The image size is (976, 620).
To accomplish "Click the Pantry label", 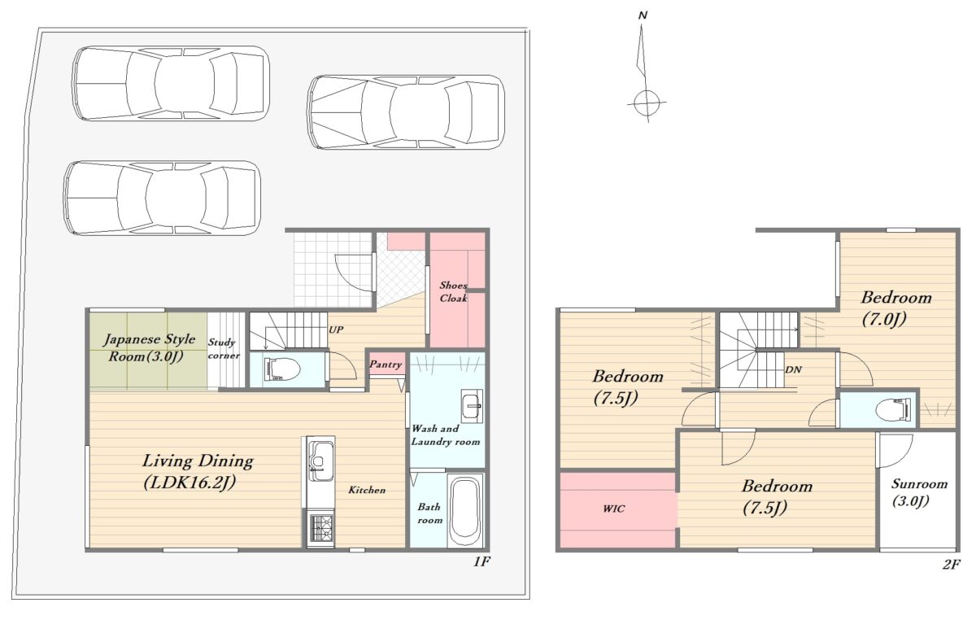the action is pyautogui.click(x=386, y=365).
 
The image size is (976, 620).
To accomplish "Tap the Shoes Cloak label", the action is pyautogui.click(x=453, y=291).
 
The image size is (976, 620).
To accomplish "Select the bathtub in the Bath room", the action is pyautogui.click(x=465, y=511).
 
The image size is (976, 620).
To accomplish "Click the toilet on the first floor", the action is pyautogui.click(x=282, y=369).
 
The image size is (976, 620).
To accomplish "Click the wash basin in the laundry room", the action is pyautogui.click(x=472, y=406).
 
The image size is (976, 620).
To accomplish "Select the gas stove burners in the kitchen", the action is pyautogui.click(x=320, y=529).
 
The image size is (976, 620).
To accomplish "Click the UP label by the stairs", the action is pyautogui.click(x=336, y=330).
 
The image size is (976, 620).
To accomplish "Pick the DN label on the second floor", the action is pyautogui.click(x=794, y=369).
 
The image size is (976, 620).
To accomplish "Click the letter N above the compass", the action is pyautogui.click(x=643, y=15).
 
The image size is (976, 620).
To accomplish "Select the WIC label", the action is pyautogui.click(x=614, y=509).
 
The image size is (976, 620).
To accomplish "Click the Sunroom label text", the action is pyautogui.click(x=919, y=484).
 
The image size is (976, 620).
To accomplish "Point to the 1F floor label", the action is pyautogui.click(x=481, y=562).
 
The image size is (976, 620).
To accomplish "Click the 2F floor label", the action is pyautogui.click(x=952, y=565).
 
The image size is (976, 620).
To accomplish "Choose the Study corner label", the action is pyautogui.click(x=224, y=349).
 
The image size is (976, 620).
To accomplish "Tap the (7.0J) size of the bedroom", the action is pyautogui.click(x=884, y=319).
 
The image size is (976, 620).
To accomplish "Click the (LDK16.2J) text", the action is pyautogui.click(x=190, y=482).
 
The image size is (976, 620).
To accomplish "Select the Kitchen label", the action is pyautogui.click(x=367, y=490).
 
